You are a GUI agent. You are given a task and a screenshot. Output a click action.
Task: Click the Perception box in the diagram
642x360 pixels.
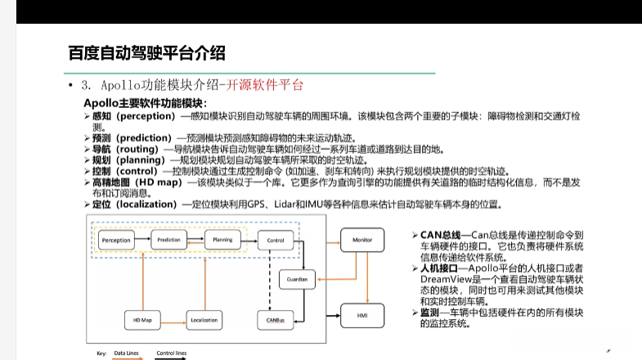116,240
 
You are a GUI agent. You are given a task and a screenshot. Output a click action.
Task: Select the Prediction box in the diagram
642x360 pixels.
168,240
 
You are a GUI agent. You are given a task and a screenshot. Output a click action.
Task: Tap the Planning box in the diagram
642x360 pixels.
219,240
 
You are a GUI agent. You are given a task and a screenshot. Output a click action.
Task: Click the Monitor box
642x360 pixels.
362,240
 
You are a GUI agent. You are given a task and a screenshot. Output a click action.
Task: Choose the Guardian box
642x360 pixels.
297,279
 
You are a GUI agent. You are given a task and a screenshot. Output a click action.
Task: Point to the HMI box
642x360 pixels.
362,315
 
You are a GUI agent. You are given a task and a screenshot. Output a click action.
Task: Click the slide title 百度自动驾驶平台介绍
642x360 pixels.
146,54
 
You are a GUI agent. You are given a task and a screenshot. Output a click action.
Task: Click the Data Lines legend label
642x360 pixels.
126,353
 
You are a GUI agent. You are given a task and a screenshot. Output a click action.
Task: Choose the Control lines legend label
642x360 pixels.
171,353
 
